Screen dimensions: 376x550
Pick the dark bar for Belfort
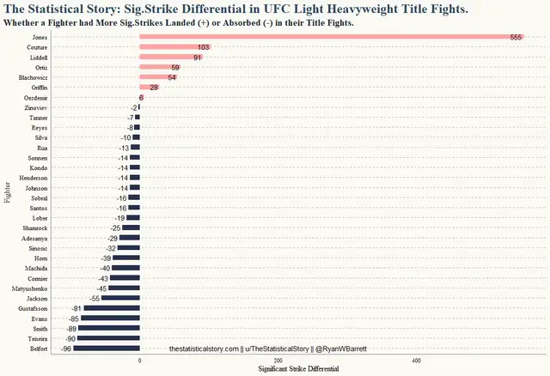[107, 349]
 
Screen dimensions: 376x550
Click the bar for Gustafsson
[112, 308]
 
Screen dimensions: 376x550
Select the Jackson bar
[120, 298]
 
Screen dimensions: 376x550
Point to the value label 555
[516, 38]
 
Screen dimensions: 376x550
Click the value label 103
[203, 47]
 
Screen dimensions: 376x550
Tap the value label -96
[66, 349]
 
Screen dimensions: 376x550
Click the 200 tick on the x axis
[278, 361]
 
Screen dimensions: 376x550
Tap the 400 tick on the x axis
[416, 361]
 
